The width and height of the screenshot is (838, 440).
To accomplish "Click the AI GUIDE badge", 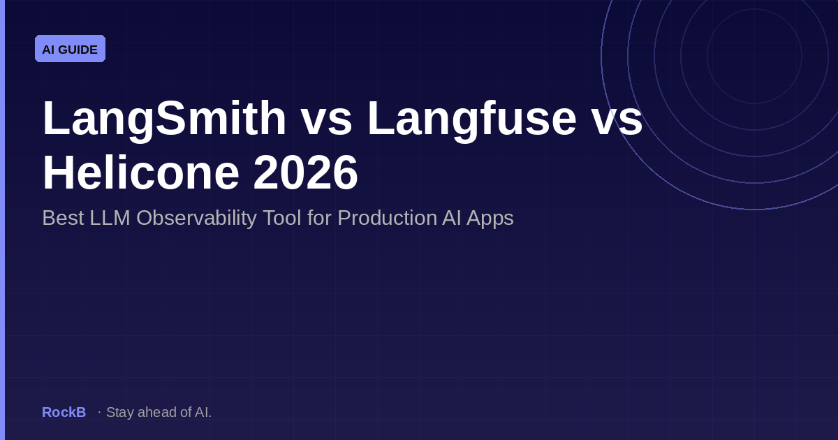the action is (x=70, y=49).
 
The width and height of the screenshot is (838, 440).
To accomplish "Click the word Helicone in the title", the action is (x=141, y=173).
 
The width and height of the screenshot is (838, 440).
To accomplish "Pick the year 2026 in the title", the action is (x=306, y=173).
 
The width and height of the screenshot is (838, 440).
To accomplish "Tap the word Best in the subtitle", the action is (x=63, y=218).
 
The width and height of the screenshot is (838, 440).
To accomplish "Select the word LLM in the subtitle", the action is (x=110, y=218).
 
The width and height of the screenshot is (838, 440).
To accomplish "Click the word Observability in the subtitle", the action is (x=196, y=219).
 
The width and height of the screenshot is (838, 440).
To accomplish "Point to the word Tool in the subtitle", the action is (x=282, y=218).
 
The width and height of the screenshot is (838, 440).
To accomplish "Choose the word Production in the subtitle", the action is (x=387, y=218).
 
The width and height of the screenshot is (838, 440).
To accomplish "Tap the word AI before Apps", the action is (x=452, y=218).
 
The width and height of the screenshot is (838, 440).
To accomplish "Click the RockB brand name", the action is (x=64, y=412).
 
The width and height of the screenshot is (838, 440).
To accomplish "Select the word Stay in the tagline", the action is (x=120, y=413).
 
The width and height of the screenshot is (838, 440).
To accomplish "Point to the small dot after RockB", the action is (x=99, y=412).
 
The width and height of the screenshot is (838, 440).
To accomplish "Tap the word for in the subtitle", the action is (x=320, y=218).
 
